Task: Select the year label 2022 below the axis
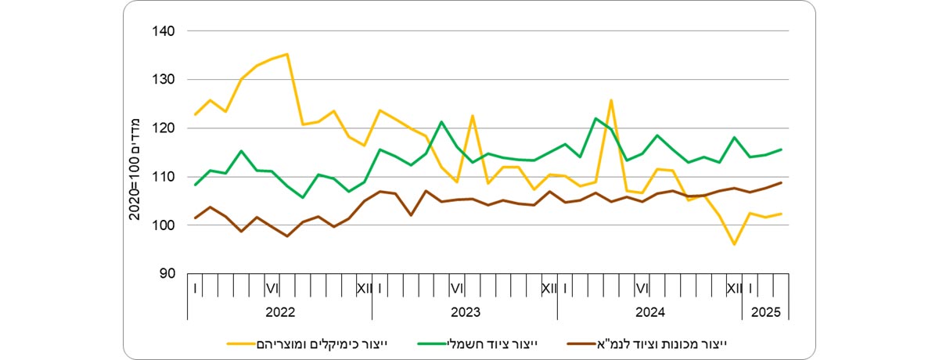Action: [x=279, y=311]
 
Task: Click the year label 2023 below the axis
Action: [x=465, y=311]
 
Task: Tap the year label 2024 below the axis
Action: [x=649, y=311]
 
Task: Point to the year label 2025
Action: [x=766, y=311]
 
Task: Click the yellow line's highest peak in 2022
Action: [x=287, y=54]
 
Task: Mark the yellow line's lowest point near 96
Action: [x=735, y=244]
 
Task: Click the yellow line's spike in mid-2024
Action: [x=611, y=100]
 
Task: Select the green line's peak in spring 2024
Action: [x=595, y=118]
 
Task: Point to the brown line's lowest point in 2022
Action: [x=287, y=236]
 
